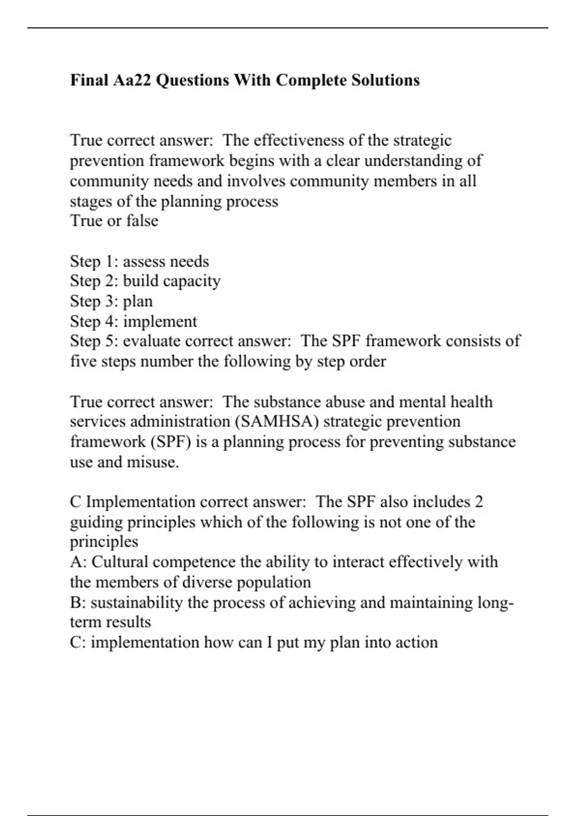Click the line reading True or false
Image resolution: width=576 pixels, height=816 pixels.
(114, 221)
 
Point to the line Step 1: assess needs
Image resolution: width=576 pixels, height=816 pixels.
(140, 262)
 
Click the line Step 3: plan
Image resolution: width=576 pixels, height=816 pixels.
(111, 301)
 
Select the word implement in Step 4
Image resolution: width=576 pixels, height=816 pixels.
(160, 322)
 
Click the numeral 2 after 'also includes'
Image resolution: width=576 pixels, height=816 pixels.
(479, 502)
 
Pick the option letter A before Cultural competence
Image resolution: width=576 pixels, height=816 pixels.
(76, 562)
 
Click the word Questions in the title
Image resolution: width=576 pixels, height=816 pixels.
(193, 80)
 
